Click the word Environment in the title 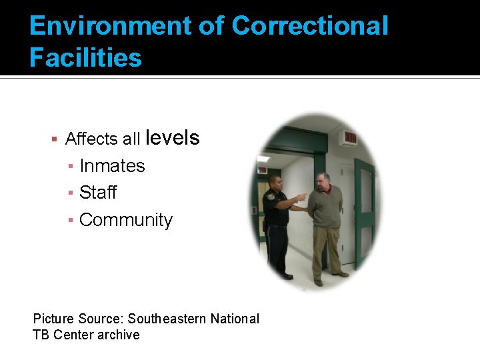tap(106, 26)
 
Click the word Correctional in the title tap(310, 26)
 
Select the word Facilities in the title tap(85, 58)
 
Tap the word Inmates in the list tap(112, 166)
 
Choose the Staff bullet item tap(97, 193)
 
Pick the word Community tap(125, 220)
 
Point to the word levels tap(172, 138)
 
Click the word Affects tap(92, 139)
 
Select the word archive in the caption tap(119, 335)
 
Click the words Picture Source tap(78, 319)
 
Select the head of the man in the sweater tap(323, 181)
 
